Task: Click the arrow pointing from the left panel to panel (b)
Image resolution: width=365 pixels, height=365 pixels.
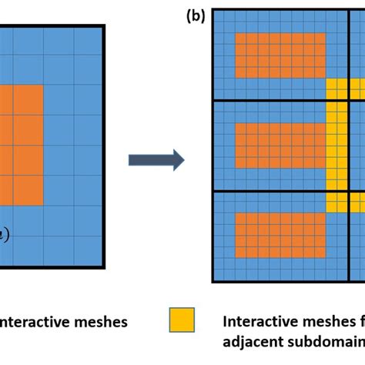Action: point(156,160)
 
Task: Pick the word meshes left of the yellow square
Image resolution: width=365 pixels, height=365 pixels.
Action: point(98,321)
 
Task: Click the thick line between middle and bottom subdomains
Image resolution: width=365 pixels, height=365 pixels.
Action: point(277,190)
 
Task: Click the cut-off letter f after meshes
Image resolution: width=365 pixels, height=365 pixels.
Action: point(360,321)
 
